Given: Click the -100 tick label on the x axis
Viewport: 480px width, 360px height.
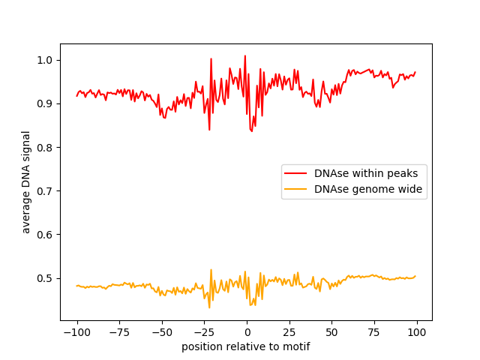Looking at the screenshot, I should (x=76, y=332).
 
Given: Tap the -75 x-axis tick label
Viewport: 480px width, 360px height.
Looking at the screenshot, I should (x=119, y=332).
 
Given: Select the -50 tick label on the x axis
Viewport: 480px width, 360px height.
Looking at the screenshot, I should (x=161, y=332).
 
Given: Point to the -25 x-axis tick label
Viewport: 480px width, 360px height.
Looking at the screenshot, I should (x=204, y=332).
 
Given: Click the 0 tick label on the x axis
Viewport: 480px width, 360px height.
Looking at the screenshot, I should (x=247, y=332).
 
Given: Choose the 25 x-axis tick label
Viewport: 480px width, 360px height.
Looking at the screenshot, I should (x=289, y=332).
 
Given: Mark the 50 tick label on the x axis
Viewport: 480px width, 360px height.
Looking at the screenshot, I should (x=332, y=332).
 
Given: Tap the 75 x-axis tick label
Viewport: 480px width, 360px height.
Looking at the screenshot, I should (x=375, y=332).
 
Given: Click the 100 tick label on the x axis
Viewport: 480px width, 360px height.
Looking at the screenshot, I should (x=417, y=332).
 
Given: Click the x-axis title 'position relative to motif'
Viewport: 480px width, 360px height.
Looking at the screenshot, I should (x=246, y=346).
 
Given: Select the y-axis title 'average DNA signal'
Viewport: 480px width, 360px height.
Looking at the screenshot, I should (x=26, y=182).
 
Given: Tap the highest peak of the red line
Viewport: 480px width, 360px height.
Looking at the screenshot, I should (x=244, y=55).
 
